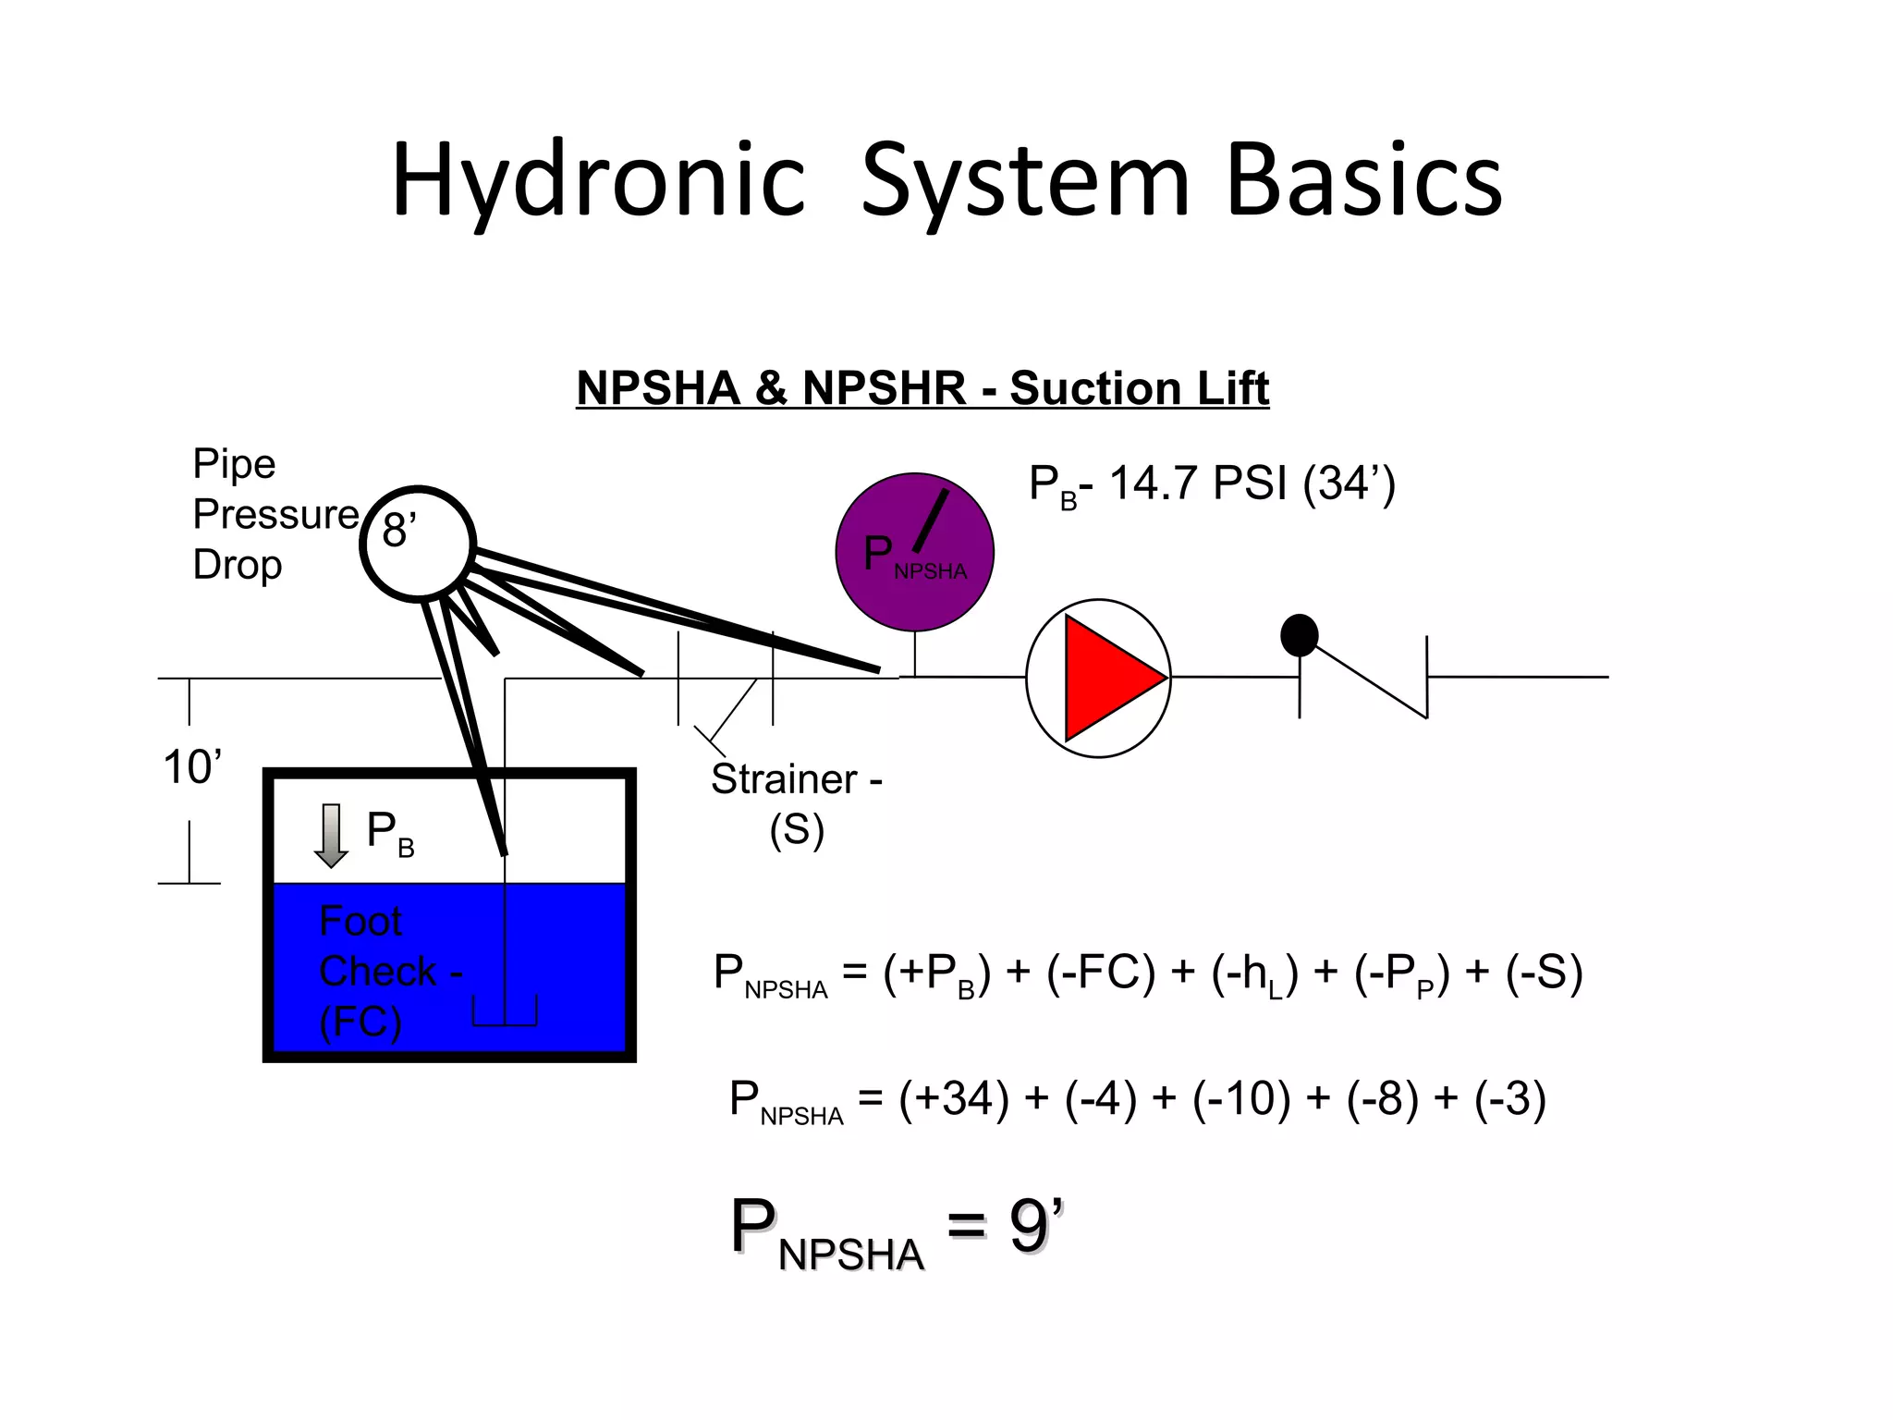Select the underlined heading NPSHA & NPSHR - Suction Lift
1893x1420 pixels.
pyautogui.click(x=922, y=387)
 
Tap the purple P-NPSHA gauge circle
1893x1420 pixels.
pyautogui.click(x=914, y=553)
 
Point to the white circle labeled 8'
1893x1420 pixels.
pyautogui.click(x=418, y=544)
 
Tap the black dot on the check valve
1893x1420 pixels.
pyautogui.click(x=1299, y=635)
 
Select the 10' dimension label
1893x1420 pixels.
pyautogui.click(x=192, y=767)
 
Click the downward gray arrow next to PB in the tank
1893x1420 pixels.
pyautogui.click(x=331, y=836)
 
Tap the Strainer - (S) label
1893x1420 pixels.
pyautogui.click(x=796, y=803)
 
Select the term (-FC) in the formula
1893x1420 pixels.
pyautogui.click(x=1101, y=973)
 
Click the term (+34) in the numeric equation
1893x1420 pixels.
pyautogui.click(x=953, y=1099)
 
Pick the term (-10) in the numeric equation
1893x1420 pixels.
pyautogui.click(x=1240, y=1099)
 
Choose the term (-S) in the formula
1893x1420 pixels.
pyautogui.click(x=1544, y=973)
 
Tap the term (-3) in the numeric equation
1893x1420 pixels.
pyautogui.click(x=1509, y=1099)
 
